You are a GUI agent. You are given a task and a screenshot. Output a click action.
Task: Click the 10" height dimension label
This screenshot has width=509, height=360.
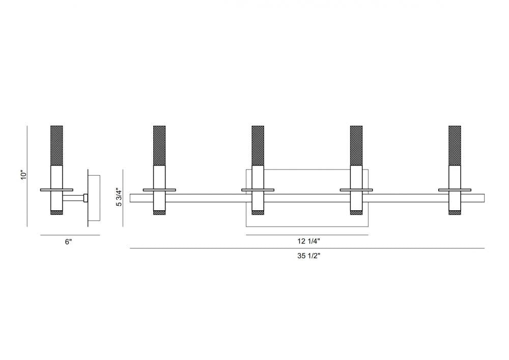[x=22, y=175]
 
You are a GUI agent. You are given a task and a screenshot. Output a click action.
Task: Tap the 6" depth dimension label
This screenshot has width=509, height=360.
[x=69, y=242]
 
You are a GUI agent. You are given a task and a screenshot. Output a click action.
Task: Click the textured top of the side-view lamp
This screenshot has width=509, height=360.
[x=56, y=145]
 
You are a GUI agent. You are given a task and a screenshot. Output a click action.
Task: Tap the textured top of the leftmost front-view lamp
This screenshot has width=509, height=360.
[x=159, y=145]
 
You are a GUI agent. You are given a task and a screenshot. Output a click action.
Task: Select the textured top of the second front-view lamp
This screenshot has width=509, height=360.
[x=258, y=145]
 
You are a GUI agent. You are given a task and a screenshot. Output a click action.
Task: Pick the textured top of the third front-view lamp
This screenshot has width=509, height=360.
[x=356, y=145]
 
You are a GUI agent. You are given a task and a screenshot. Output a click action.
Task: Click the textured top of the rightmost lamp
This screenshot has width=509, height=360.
[x=455, y=145]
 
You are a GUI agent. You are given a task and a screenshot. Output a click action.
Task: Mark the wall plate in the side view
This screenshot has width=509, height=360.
[x=94, y=198]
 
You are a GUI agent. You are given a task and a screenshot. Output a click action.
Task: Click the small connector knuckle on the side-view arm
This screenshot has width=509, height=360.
[x=86, y=198]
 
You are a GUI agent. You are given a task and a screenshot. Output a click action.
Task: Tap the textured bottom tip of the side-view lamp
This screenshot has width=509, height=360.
[x=56, y=212]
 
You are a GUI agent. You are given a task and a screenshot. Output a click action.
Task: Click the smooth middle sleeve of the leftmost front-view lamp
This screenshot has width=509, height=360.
[x=159, y=176]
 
